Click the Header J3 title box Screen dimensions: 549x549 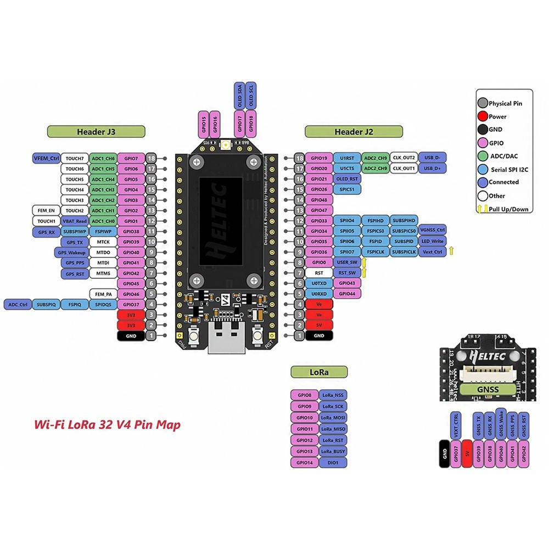96,131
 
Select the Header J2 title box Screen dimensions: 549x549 354,131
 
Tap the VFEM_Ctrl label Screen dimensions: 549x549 46,158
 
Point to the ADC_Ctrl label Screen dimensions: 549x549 17,304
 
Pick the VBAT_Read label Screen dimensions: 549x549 74,221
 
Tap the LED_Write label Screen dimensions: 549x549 432,242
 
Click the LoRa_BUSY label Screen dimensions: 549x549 332,451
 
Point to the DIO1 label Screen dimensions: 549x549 332,463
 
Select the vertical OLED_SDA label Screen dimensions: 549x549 239,95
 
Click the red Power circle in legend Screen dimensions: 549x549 483,116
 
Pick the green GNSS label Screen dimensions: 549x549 488,389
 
